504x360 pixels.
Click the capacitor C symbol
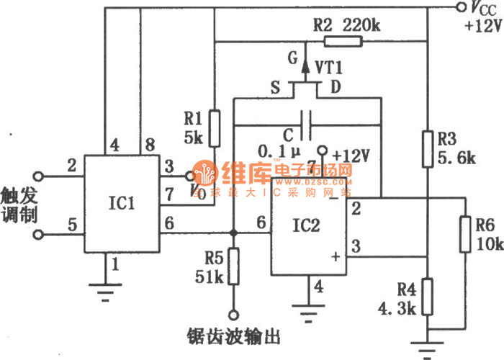pyautogui.click(x=309, y=124)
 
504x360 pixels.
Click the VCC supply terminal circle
pyautogui.click(x=462, y=8)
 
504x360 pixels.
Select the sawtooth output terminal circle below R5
pyautogui.click(x=233, y=315)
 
